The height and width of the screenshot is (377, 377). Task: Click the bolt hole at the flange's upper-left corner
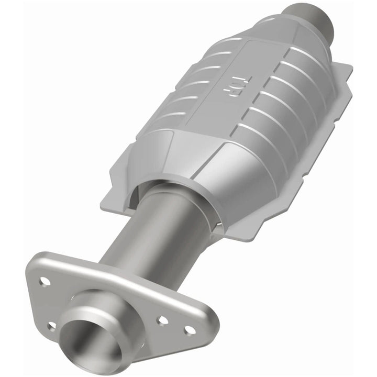[45, 281]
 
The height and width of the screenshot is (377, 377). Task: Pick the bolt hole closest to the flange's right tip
[190, 330]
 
